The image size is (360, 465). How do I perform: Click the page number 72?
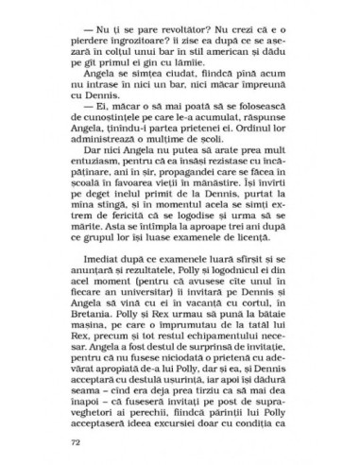76,440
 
